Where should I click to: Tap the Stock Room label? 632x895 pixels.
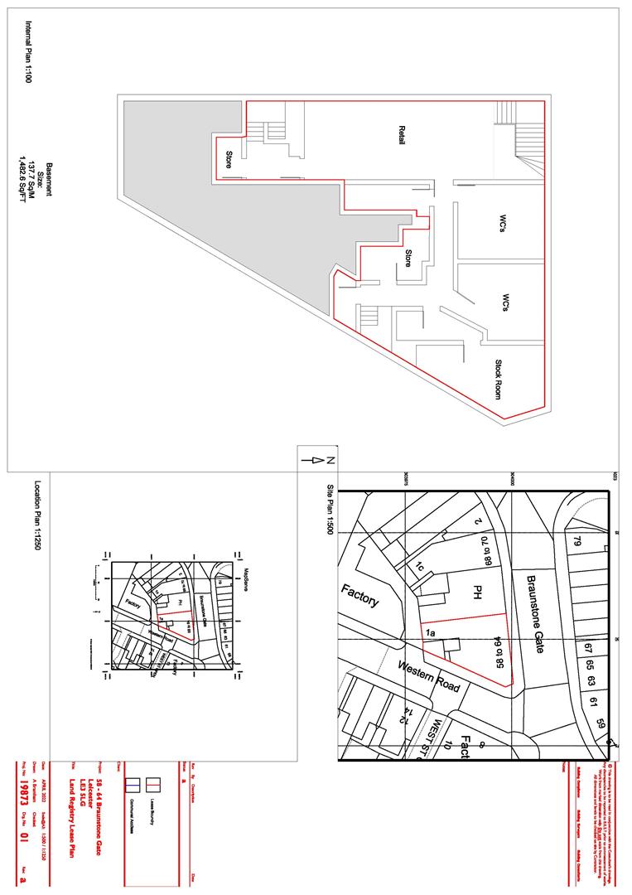click(499, 379)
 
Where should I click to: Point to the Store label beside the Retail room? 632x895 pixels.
click(229, 160)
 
